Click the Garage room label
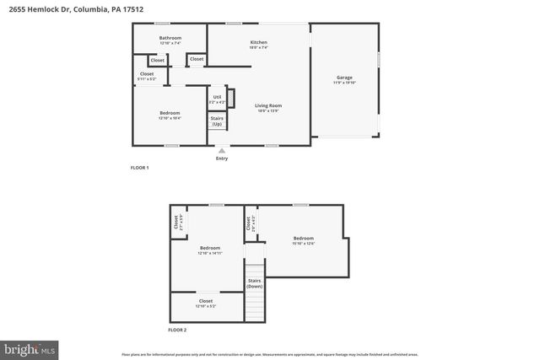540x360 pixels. [344, 78]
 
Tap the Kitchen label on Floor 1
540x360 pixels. [258, 42]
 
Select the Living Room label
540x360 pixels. [268, 105]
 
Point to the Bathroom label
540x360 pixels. [170, 38]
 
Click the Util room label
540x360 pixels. [217, 98]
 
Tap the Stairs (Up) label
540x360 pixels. [217, 121]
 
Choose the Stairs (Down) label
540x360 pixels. [254, 283]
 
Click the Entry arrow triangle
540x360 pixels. [222, 151]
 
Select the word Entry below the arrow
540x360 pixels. [222, 159]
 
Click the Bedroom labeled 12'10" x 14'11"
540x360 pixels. [209, 249]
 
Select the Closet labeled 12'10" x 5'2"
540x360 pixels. [206, 301]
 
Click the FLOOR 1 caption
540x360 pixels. [139, 168]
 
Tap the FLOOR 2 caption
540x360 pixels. [177, 330]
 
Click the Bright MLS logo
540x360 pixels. [30, 347]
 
